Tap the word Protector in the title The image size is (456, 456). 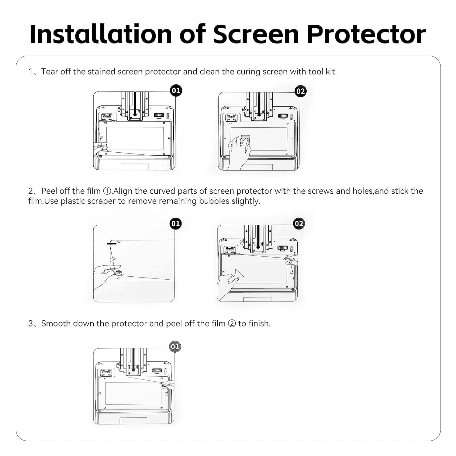(366, 34)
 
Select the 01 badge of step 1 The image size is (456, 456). (176, 91)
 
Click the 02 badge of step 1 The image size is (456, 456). (300, 91)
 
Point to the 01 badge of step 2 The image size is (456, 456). (175, 224)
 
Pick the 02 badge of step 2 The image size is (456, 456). (299, 224)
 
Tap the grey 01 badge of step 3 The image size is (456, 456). (175, 347)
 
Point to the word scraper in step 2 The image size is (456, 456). (102, 201)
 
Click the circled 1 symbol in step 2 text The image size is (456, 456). (107, 191)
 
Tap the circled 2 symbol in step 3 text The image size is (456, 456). (232, 324)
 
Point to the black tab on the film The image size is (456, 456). (112, 243)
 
